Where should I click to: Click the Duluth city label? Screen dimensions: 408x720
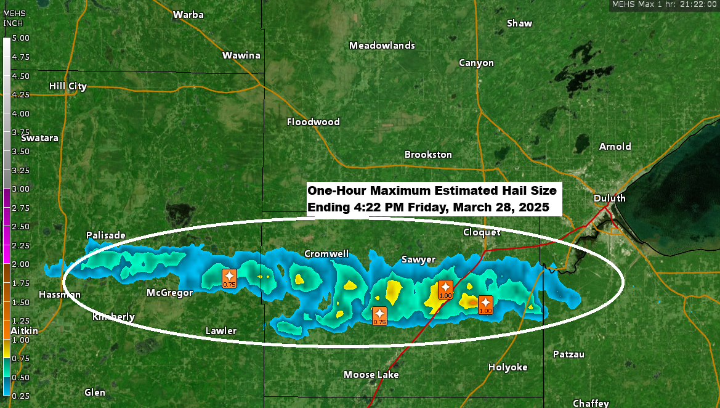click(x=609, y=198)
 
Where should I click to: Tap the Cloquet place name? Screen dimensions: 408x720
click(x=482, y=232)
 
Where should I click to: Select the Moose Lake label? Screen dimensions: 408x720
click(x=371, y=375)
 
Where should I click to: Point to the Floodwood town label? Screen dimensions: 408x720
click(x=313, y=122)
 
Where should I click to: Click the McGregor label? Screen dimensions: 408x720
click(x=169, y=293)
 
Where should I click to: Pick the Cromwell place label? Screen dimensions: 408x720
click(x=326, y=254)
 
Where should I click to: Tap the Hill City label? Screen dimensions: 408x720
click(x=68, y=86)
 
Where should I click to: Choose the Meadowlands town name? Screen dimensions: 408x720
click(x=382, y=46)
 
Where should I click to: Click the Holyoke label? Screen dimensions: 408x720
click(x=508, y=367)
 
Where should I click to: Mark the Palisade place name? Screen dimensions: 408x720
click(x=106, y=235)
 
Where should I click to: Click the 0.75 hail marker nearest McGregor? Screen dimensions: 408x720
click(x=229, y=278)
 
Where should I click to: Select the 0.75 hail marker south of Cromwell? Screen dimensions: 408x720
click(x=379, y=316)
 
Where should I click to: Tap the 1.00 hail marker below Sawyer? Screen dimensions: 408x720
click(x=445, y=289)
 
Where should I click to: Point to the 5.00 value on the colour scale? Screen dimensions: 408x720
click(x=21, y=38)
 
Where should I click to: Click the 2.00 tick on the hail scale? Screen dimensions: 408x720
click(x=21, y=264)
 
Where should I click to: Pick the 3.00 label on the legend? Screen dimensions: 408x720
click(x=21, y=189)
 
